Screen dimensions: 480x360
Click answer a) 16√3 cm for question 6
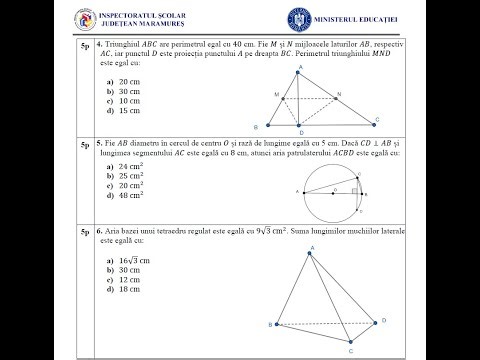point(127,259)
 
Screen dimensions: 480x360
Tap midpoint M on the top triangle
point(284,98)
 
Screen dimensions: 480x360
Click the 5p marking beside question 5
point(88,146)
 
